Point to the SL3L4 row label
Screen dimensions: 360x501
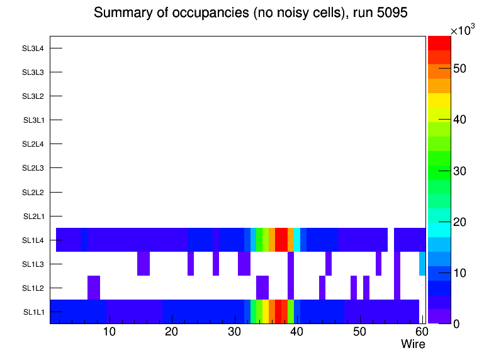[33, 48]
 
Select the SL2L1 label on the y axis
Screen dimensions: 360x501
[33, 217]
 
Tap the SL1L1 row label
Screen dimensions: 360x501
[33, 312]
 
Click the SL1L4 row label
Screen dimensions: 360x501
[33, 240]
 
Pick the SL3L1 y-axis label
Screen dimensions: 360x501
[33, 120]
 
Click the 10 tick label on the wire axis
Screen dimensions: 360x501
[109, 332]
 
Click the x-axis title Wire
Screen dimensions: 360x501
[413, 344]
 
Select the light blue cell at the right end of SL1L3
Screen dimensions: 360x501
[422, 264]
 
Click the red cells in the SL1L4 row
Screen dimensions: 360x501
[281, 240]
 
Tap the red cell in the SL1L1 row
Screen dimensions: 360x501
[278, 312]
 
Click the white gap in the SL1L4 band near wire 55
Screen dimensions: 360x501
[391, 240]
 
